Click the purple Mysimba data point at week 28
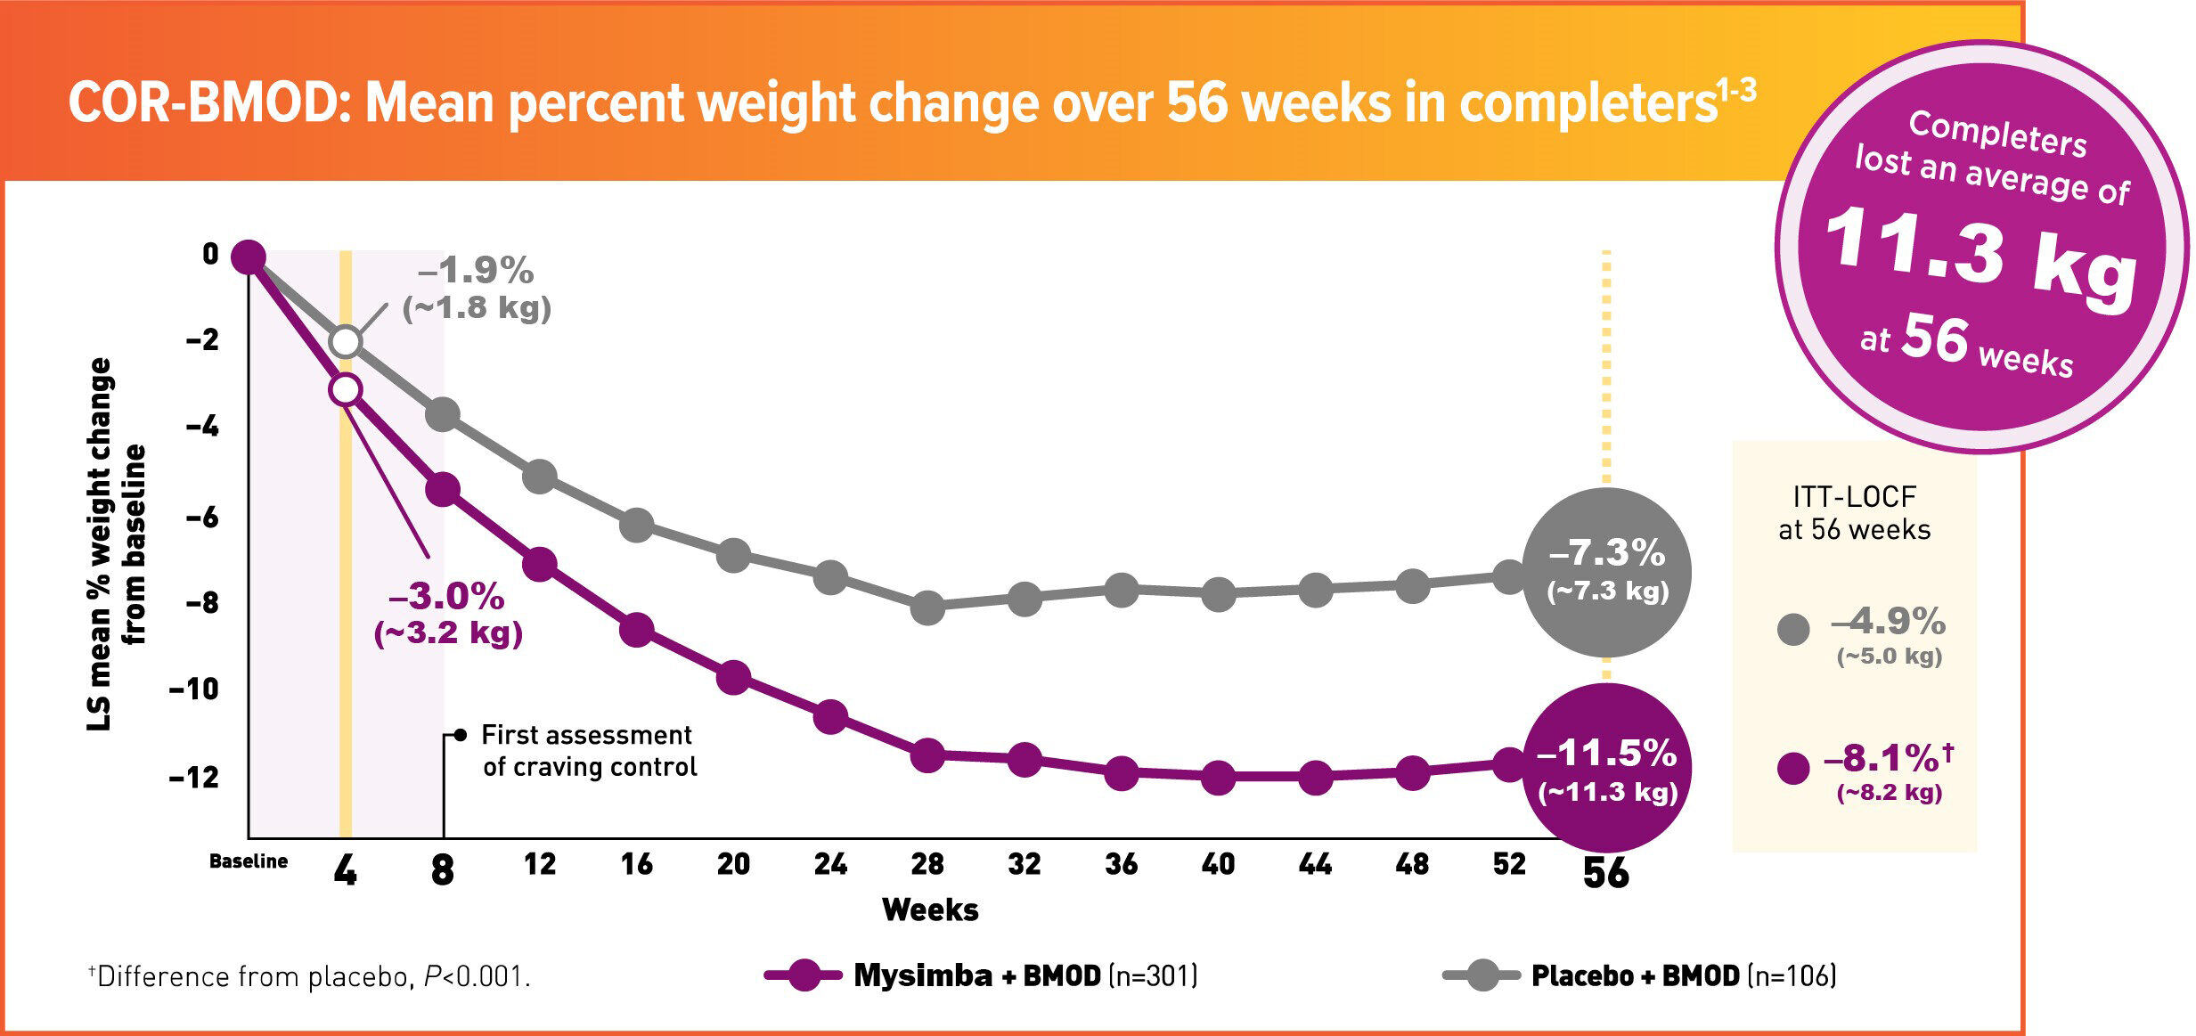(927, 755)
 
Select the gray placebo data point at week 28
(927, 608)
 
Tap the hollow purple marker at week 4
(346, 389)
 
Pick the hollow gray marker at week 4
(346, 341)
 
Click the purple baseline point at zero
(249, 257)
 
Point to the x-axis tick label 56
(1605, 872)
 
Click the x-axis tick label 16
(636, 864)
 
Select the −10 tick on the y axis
(194, 689)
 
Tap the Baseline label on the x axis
(249, 861)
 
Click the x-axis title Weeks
(930, 910)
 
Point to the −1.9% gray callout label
(477, 271)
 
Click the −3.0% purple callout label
(447, 597)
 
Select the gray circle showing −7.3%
(1607, 571)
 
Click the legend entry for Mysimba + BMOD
(980, 975)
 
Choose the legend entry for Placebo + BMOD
(1639, 975)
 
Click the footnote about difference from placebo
(309, 977)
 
